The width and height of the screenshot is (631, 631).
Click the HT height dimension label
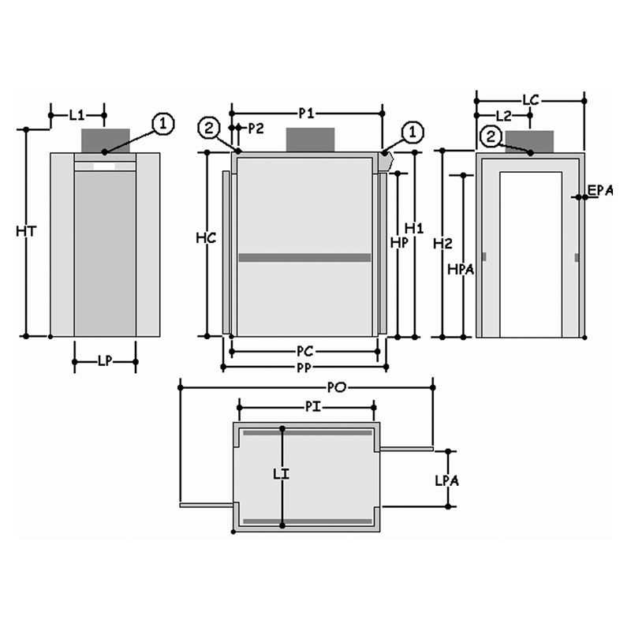coord(26,231)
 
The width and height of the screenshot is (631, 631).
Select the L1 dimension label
coord(77,115)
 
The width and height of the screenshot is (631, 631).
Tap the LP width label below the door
coord(105,361)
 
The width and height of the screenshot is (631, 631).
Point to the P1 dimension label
coord(306,114)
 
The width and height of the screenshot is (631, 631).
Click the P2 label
coord(256,129)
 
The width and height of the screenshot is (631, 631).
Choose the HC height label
coord(206,238)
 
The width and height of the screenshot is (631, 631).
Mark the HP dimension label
coord(399,242)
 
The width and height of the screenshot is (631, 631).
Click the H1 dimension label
coord(414,228)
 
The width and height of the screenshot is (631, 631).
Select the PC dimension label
coord(304,351)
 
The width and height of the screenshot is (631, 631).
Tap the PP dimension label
coord(304,368)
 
